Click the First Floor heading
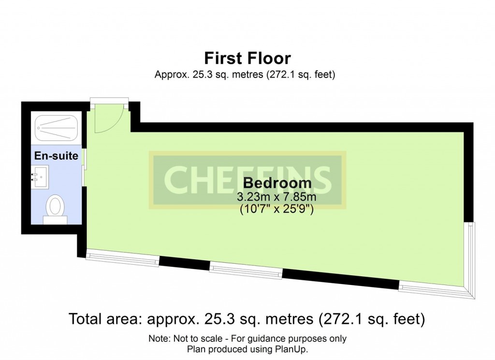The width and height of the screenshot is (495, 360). (x=247, y=58)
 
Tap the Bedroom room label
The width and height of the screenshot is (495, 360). (x=277, y=183)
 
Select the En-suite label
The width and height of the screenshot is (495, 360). (x=56, y=155)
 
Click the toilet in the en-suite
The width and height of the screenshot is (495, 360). (x=55, y=209)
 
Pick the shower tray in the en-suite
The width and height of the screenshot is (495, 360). (x=56, y=128)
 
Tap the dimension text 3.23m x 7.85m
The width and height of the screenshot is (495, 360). (x=277, y=197)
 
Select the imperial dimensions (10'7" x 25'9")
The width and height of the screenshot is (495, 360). (x=277, y=209)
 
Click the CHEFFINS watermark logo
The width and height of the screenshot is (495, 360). (x=247, y=180)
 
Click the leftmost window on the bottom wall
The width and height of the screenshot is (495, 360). (x=122, y=257)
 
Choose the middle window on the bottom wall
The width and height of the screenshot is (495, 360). (x=246, y=270)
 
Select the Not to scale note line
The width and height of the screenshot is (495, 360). (x=247, y=339)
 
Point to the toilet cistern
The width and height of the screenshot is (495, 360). (x=55, y=220)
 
